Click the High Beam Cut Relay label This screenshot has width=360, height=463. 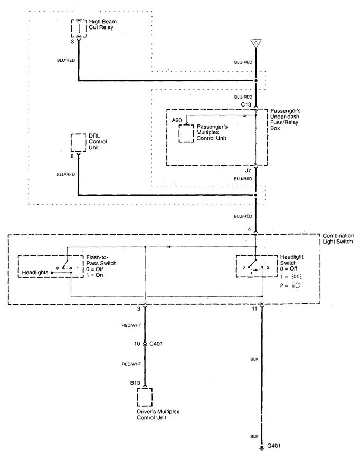point(101,24)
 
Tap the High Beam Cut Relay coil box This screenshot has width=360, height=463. point(79,27)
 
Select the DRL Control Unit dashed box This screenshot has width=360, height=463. point(79,142)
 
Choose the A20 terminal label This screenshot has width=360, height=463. point(177,121)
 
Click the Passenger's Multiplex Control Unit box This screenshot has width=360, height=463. point(186,134)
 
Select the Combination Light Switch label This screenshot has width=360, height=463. point(338,238)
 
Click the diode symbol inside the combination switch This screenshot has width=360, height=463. point(168,246)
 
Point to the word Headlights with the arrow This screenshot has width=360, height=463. point(36,273)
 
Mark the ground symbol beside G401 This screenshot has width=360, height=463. point(261,449)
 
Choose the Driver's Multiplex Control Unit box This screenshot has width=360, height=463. point(144,396)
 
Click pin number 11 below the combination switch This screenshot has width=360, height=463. point(254,308)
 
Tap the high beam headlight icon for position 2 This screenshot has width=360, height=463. point(298,285)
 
